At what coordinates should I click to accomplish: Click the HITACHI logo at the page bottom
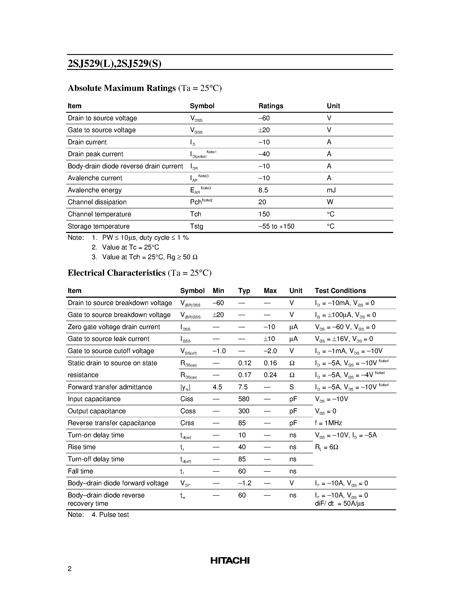click(x=230, y=560)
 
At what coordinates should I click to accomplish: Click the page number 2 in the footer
click(x=69, y=569)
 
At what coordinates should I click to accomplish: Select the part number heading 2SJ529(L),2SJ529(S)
click(x=115, y=63)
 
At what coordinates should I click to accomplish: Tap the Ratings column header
click(x=271, y=106)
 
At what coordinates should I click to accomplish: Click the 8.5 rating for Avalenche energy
click(x=263, y=190)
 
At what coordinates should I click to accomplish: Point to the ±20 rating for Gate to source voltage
click(x=264, y=130)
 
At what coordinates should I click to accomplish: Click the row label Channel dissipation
click(x=97, y=202)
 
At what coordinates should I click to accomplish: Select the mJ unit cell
click(x=331, y=190)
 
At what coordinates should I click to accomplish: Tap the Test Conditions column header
click(x=340, y=291)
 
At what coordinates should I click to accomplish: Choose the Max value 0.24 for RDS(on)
click(x=270, y=375)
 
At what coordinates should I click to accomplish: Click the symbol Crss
click(x=187, y=423)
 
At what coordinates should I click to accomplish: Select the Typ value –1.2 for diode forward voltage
click(x=244, y=483)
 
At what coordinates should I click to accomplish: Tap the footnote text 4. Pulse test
click(x=110, y=515)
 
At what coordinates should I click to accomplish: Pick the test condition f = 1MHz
click(x=328, y=423)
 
